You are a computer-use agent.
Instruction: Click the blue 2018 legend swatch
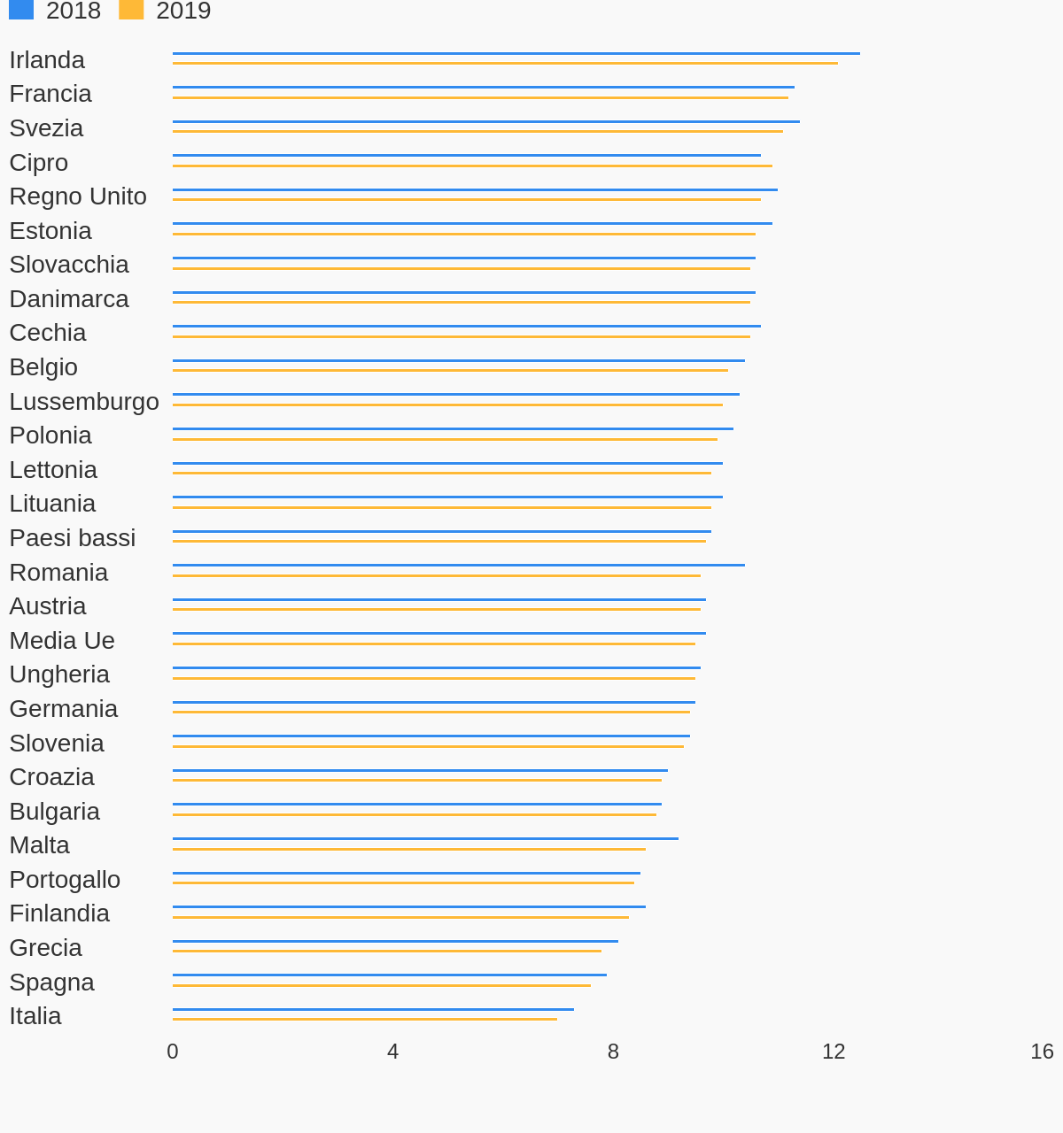point(21,10)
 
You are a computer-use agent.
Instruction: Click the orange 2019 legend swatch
point(131,10)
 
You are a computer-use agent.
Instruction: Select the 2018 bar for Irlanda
point(516,53)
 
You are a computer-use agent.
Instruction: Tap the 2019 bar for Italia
point(365,1019)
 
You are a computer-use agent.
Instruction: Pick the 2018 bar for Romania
point(459,565)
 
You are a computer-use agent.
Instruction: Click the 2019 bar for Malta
point(409,849)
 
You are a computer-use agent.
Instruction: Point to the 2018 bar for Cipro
point(467,155)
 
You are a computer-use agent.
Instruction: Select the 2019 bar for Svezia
point(477,131)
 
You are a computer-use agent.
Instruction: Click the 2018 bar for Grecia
point(395,941)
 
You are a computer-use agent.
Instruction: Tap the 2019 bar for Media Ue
point(434,644)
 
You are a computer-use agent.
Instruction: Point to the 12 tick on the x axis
point(834,1052)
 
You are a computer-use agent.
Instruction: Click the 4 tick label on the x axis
point(392,1052)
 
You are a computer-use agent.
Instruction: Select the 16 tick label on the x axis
point(1042,1052)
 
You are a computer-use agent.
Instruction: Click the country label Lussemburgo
point(84,402)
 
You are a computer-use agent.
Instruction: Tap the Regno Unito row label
point(78,197)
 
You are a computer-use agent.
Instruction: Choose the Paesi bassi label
point(73,538)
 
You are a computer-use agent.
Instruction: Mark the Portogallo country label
point(65,880)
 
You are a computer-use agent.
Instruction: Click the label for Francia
point(50,94)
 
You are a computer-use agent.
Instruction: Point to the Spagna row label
point(51,983)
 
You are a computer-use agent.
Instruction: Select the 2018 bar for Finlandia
point(409,906)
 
